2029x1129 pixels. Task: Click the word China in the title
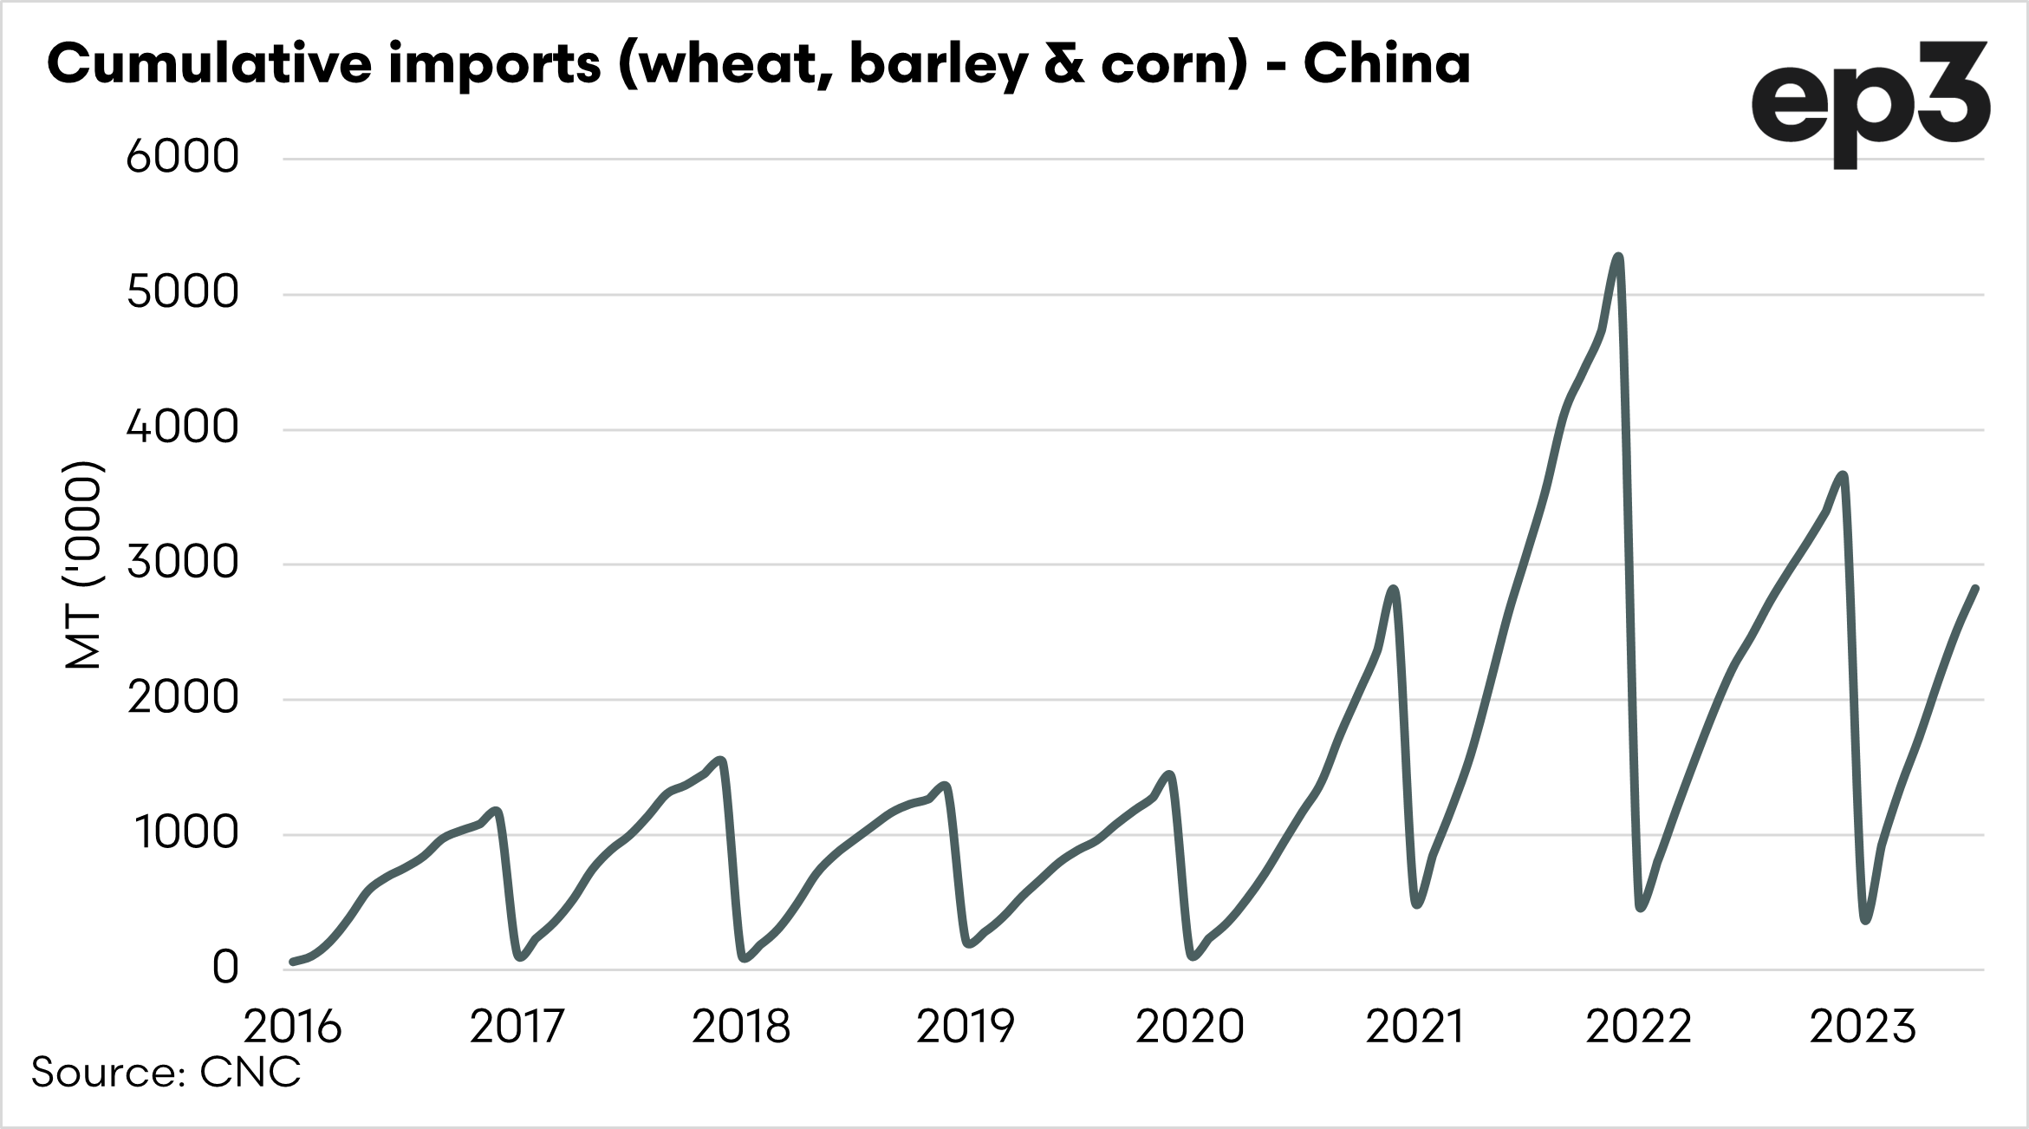(x=1386, y=63)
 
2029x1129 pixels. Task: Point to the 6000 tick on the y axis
(x=182, y=158)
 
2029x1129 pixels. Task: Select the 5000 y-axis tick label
(x=182, y=293)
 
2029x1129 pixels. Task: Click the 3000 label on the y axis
(x=182, y=564)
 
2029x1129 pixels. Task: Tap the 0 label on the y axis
(x=224, y=968)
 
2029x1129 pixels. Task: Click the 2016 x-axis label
(x=293, y=1028)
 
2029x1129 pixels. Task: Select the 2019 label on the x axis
(x=965, y=1028)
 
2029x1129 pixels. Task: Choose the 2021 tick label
(x=1414, y=1028)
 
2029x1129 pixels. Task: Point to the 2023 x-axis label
(x=1863, y=1028)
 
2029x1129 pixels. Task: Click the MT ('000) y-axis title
(x=84, y=564)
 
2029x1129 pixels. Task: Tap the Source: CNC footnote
(x=166, y=1073)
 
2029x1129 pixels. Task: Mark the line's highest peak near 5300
(x=1618, y=257)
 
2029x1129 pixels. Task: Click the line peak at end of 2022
(x=1843, y=475)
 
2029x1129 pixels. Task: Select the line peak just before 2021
(x=1394, y=590)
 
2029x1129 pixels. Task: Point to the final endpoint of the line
(x=1975, y=589)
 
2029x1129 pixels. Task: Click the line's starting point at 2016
(x=293, y=962)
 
